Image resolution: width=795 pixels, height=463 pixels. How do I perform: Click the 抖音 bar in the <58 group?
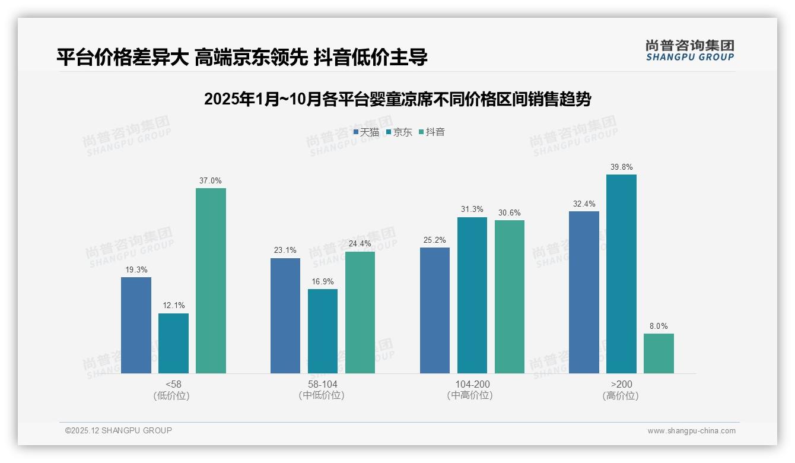211,280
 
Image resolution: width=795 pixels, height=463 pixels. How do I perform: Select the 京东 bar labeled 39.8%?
621,274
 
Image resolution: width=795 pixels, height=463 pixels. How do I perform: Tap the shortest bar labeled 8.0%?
659,353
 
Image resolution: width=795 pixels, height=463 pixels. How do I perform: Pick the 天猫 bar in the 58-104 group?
285,315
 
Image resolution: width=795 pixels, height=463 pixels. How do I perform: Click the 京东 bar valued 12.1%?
173,343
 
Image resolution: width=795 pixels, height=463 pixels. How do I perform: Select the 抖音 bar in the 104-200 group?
509,296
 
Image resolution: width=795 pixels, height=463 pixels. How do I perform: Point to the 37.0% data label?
211,180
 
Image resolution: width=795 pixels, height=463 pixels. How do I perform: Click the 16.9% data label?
323,281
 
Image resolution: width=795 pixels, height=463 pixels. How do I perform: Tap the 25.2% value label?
435,240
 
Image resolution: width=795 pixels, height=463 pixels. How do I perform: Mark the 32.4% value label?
584,204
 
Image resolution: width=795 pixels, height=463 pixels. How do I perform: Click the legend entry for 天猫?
366,132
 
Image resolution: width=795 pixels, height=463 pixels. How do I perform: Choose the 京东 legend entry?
399,132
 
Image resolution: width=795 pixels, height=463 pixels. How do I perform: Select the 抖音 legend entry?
432,132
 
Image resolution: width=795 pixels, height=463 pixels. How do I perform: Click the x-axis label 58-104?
323,384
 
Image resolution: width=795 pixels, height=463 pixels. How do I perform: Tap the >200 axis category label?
621,384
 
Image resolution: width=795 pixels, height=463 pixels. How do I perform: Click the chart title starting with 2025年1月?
397,99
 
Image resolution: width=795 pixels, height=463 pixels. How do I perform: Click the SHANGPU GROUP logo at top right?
689,50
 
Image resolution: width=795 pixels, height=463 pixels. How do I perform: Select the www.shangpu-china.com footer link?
691,431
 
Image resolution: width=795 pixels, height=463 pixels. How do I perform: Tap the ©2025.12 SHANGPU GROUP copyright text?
119,430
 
